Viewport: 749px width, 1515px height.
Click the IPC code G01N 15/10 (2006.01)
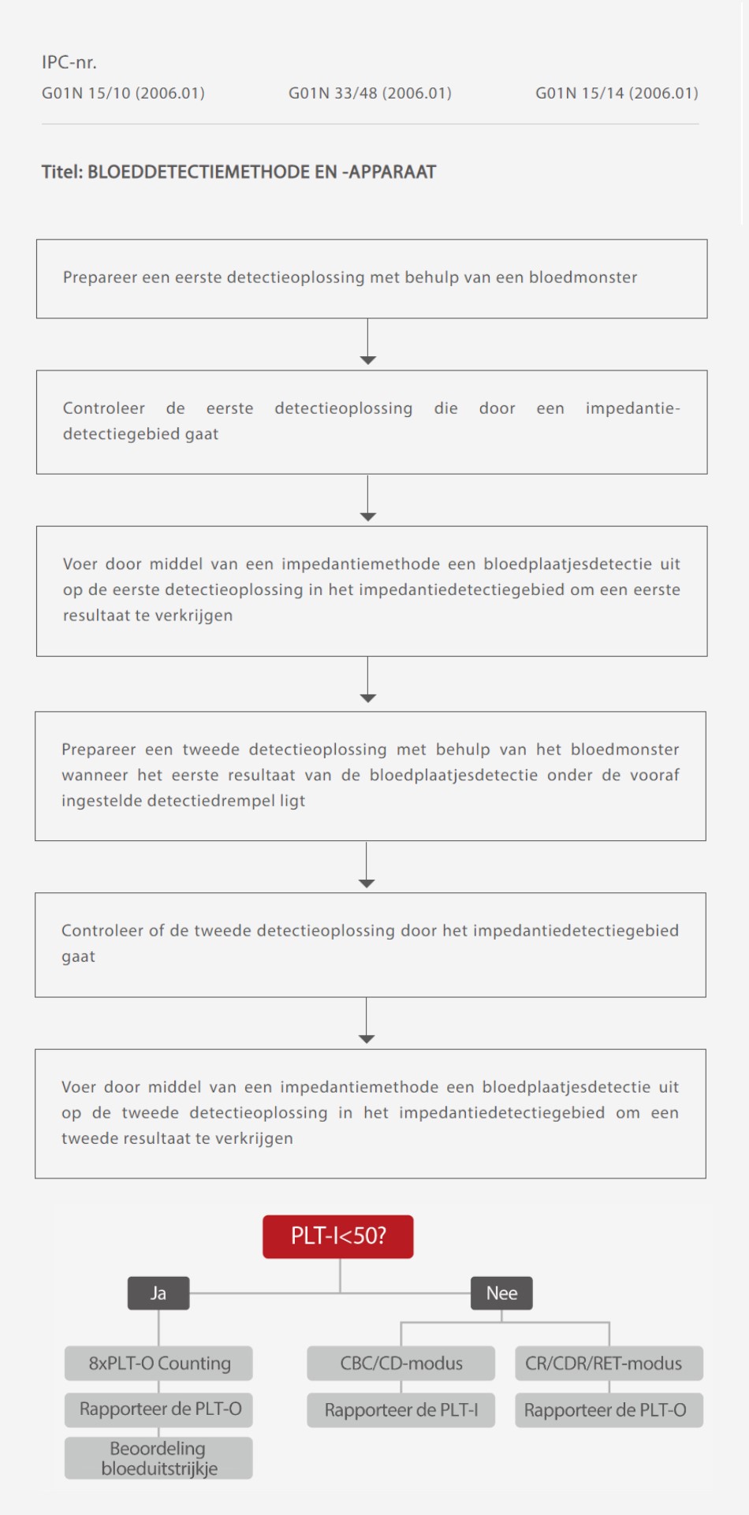pyautogui.click(x=123, y=93)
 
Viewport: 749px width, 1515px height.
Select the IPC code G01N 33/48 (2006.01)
pyautogui.click(x=370, y=93)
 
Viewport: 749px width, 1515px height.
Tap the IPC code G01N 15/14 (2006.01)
pyautogui.click(x=617, y=93)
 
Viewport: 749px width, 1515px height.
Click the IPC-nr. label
pyautogui.click(x=69, y=62)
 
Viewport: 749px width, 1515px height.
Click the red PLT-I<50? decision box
pyautogui.click(x=338, y=1236)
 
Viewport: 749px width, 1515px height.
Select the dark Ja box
pyautogui.click(x=158, y=1294)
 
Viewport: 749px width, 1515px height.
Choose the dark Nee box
pyautogui.click(x=501, y=1294)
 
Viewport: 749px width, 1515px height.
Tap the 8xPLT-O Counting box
pyautogui.click(x=159, y=1363)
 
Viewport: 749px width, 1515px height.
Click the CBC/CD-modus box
pyautogui.click(x=401, y=1363)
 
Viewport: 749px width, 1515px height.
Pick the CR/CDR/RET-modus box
pyautogui.click(x=609, y=1363)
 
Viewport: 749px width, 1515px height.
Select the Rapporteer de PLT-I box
pyautogui.click(x=401, y=1409)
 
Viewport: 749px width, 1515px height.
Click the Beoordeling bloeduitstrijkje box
pyautogui.click(x=159, y=1458)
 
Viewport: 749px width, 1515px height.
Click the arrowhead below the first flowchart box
pyautogui.click(x=368, y=359)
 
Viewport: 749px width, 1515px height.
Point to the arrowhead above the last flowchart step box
pyautogui.click(x=367, y=1039)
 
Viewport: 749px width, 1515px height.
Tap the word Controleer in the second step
pyautogui.click(x=104, y=408)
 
